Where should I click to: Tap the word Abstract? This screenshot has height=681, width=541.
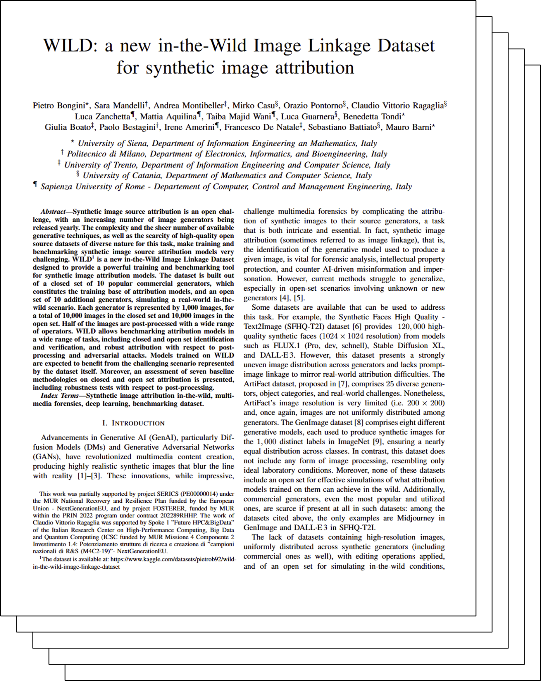tap(53, 212)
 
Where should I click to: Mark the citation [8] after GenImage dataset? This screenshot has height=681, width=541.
tap(359, 422)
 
